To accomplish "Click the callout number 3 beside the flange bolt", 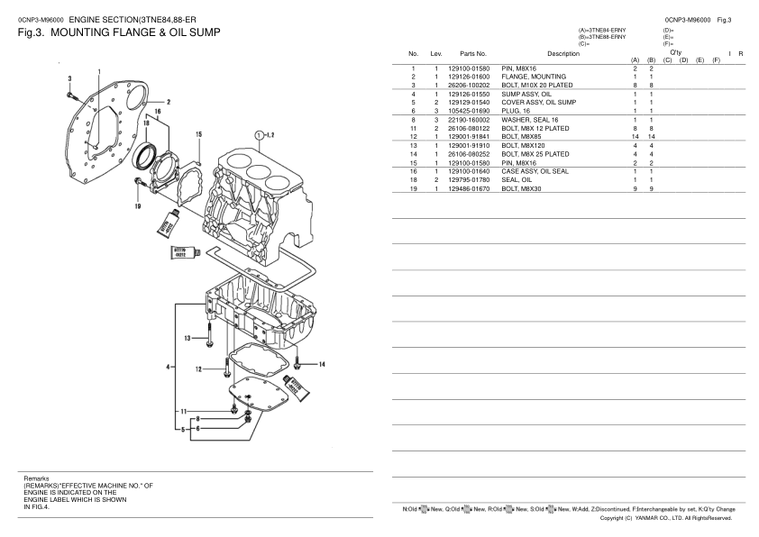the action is coord(69,78).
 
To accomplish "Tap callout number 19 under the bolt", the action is coord(138,206).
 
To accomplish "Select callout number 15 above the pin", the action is coord(198,134).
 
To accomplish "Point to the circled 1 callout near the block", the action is coord(260,135).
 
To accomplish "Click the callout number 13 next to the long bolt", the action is coord(187,338).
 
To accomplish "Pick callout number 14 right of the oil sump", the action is coord(322,364).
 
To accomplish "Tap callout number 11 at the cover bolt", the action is coord(184,412).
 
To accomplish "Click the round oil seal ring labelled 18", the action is coord(144,156).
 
